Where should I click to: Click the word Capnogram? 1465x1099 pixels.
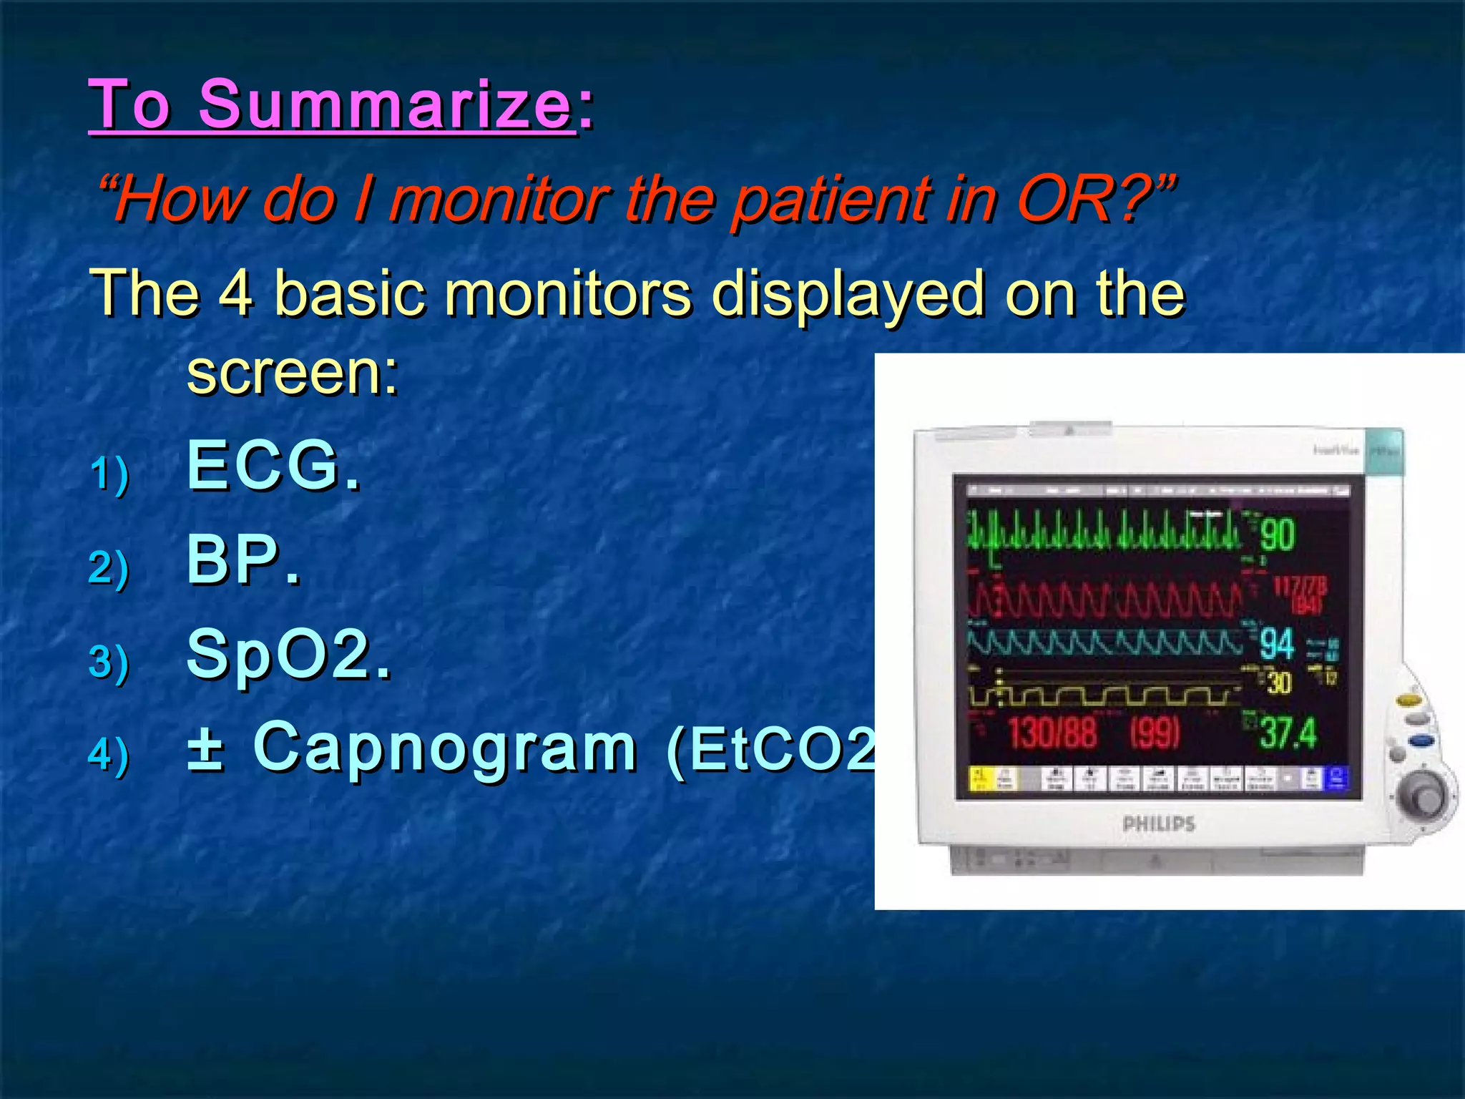pyautogui.click(x=445, y=747)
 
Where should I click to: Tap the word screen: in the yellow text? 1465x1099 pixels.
pyautogui.click(x=292, y=373)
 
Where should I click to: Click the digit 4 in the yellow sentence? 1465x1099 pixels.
pyautogui.click(x=235, y=293)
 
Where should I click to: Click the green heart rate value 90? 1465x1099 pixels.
pyautogui.click(x=1278, y=534)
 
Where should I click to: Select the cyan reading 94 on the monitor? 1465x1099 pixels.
pyautogui.click(x=1277, y=644)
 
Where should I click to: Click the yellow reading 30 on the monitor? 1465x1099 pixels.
pyautogui.click(x=1279, y=683)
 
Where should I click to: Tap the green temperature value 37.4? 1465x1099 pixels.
pyautogui.click(x=1288, y=733)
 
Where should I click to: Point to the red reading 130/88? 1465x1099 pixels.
pyautogui.click(x=1052, y=733)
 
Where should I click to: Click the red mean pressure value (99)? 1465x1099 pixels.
pyautogui.click(x=1155, y=733)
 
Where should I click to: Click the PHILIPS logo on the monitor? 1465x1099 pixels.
pyautogui.click(x=1159, y=824)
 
